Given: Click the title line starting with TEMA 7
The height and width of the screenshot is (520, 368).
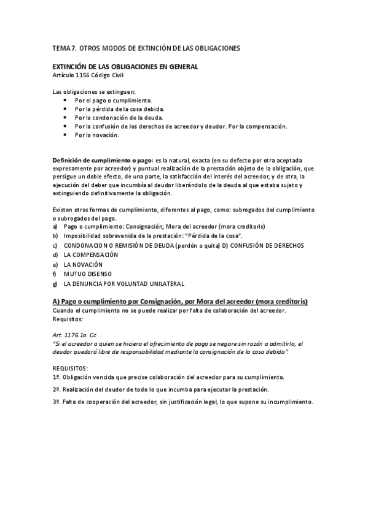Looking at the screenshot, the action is tap(146, 47).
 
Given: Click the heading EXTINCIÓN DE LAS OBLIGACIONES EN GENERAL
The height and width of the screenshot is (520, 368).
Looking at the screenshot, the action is tap(125, 66).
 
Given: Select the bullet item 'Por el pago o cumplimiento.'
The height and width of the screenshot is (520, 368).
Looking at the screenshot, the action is tap(114, 100).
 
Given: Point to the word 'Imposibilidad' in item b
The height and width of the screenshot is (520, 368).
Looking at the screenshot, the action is tap(82, 235).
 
